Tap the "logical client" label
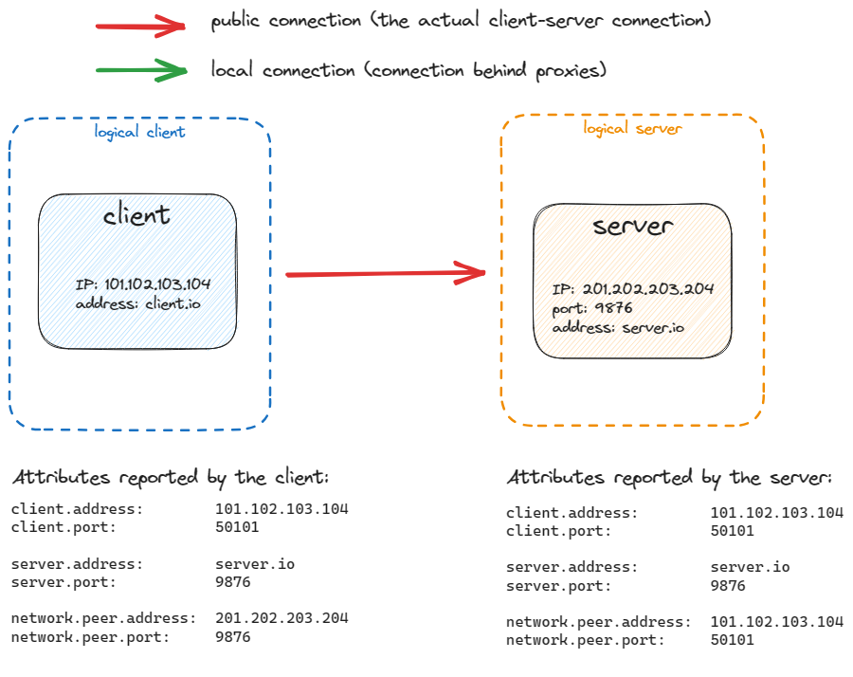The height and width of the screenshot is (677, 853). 139,132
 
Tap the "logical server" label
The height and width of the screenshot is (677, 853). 632,128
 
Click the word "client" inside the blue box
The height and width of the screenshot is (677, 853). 137,215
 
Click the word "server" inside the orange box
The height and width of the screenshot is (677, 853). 633,226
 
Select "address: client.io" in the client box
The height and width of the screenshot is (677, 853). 138,303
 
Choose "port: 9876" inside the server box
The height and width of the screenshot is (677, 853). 592,308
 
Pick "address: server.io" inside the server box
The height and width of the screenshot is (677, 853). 618,327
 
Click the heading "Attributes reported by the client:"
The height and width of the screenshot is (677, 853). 171,476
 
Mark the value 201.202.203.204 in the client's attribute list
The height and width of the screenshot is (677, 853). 281,618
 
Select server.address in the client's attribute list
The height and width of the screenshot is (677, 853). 77,564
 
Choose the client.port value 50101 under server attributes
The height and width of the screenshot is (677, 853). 733,531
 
